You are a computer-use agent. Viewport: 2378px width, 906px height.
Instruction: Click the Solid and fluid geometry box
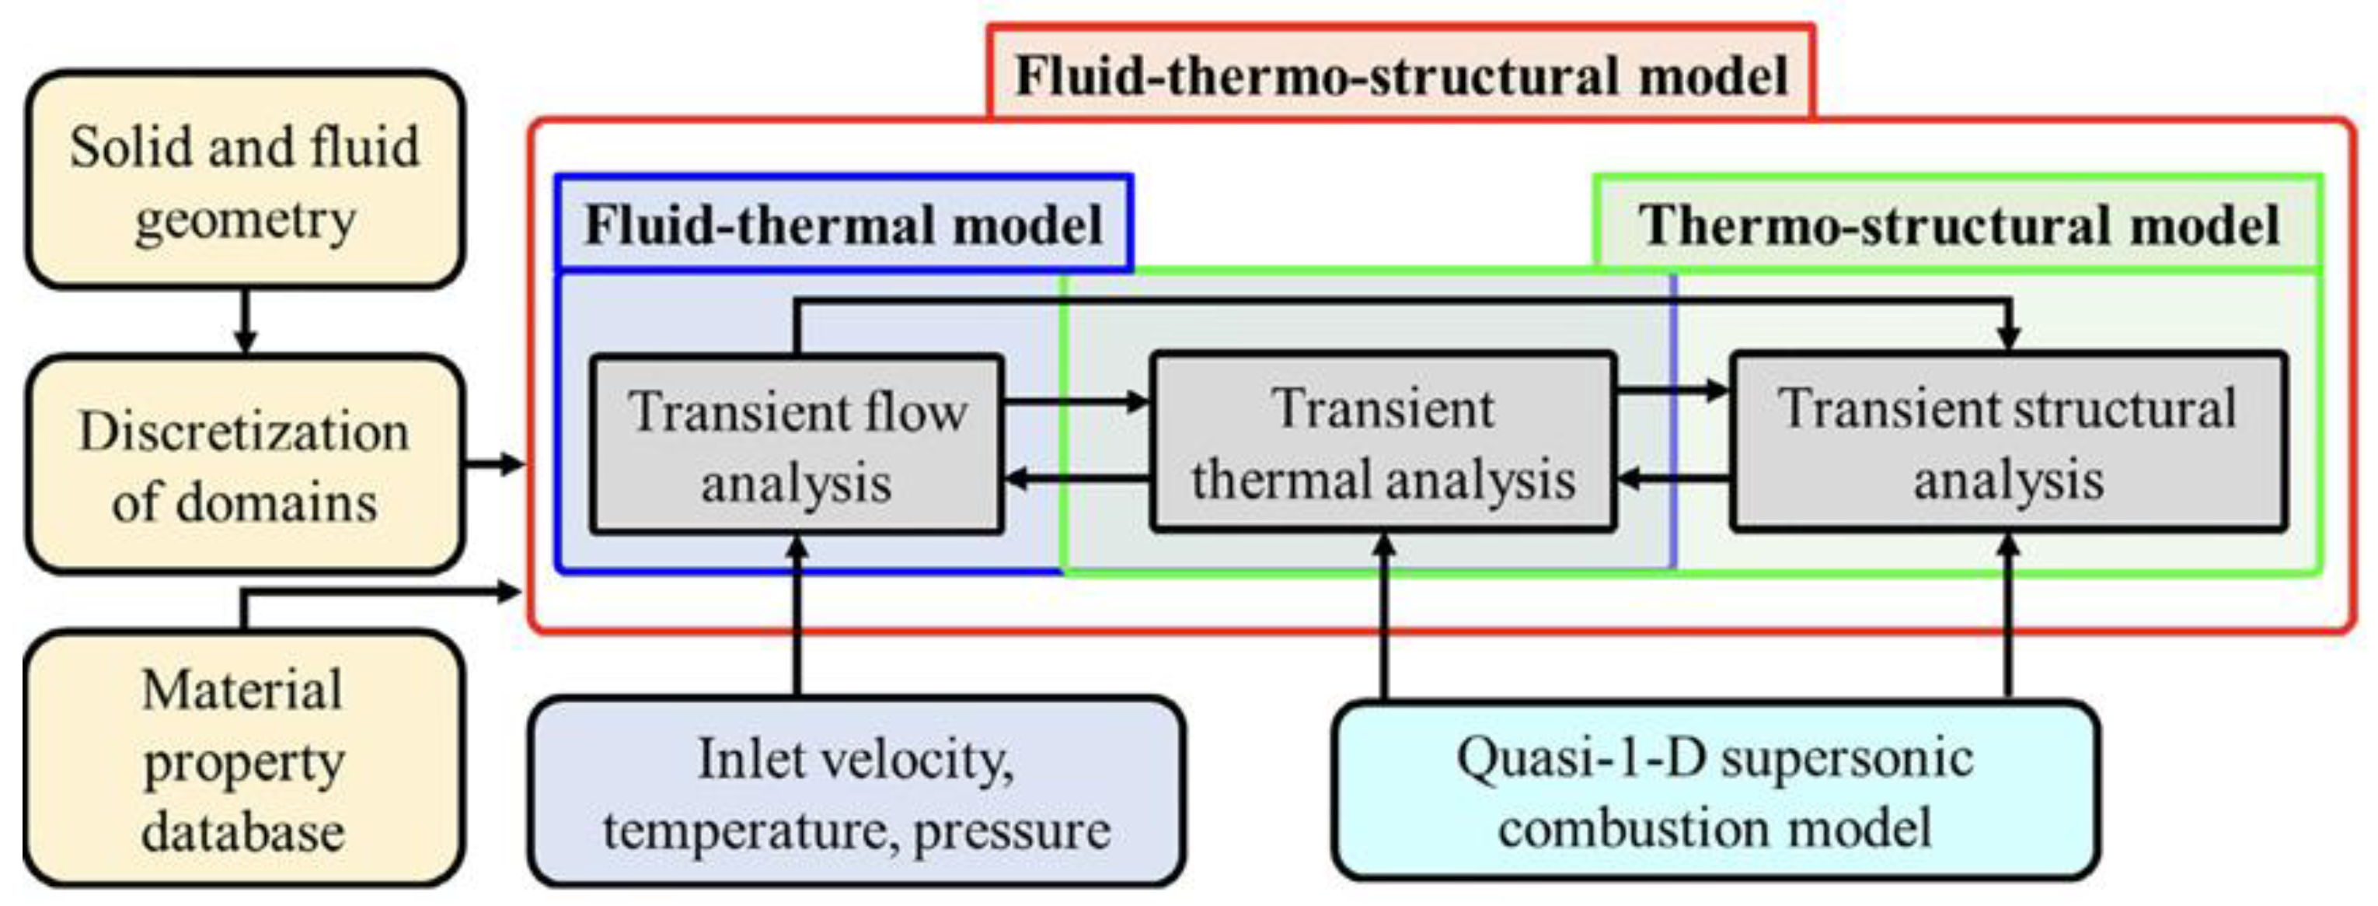point(244,181)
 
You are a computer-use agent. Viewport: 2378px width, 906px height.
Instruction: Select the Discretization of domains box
point(244,464)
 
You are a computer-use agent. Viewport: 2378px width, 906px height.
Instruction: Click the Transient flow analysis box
point(796,445)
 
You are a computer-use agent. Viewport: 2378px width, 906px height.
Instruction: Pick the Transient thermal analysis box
point(1383,443)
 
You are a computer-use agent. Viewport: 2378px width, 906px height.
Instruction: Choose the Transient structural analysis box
point(2008,443)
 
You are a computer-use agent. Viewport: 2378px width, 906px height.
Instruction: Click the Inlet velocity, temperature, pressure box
point(856,792)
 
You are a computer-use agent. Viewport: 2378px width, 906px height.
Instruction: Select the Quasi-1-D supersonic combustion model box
point(1714,791)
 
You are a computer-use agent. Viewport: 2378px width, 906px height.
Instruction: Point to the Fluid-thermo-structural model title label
point(1400,75)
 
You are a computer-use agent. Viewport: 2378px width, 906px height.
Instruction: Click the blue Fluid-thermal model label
point(844,225)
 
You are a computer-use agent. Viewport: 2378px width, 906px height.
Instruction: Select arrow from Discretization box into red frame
point(495,463)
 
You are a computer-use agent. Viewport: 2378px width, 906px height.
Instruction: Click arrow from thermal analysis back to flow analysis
point(1076,478)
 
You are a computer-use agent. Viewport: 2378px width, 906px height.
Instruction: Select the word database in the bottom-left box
point(242,831)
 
